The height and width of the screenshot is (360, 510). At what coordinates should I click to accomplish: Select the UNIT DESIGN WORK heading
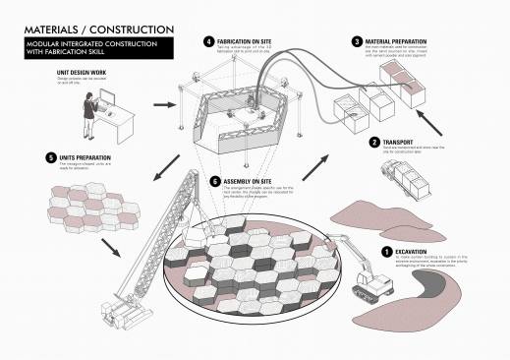tap(63, 72)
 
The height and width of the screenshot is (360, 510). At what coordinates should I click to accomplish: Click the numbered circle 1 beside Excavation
tap(386, 252)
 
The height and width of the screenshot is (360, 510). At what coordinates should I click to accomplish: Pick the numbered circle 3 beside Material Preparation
tap(356, 42)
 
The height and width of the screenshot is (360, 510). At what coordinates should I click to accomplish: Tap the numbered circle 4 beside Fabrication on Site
tap(208, 42)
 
